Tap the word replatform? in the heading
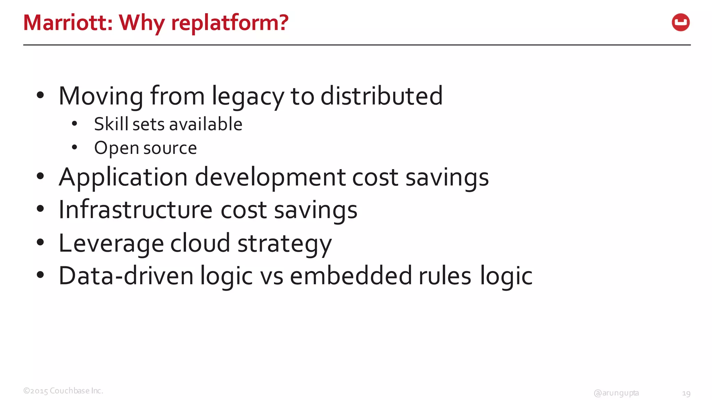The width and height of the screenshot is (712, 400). click(230, 23)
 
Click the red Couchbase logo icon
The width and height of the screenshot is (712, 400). click(680, 23)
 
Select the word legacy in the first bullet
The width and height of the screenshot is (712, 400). click(248, 97)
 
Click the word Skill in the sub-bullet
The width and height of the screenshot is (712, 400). click(111, 124)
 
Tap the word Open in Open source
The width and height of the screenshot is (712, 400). click(116, 149)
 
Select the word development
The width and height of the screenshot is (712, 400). click(270, 178)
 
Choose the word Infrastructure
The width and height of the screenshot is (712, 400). click(136, 210)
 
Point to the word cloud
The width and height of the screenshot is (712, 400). click(200, 243)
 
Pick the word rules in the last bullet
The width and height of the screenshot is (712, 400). click(445, 276)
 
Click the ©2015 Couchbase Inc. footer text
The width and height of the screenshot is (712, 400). click(63, 391)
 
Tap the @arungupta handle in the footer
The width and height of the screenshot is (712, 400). click(616, 393)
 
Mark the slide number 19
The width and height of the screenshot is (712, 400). click(686, 393)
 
